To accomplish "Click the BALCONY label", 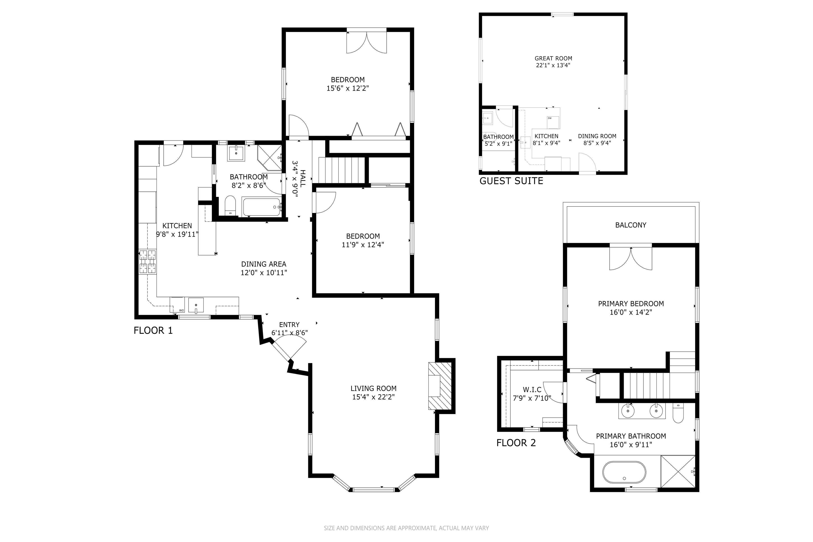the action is click(631, 225).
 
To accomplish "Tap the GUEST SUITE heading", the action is click(511, 181).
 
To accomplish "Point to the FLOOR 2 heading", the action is click(516, 443).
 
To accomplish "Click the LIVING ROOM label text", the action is click(373, 388).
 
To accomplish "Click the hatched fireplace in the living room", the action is click(440, 386).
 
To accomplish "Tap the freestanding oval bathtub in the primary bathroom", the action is click(624, 472).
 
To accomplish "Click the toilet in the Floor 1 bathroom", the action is click(230, 206).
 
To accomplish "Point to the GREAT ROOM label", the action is click(554, 58).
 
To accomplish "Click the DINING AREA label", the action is click(264, 264).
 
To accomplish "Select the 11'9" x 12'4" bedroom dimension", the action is click(363, 245).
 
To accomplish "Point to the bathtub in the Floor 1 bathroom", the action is click(262, 207).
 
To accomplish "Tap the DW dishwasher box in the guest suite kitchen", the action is click(553, 122).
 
